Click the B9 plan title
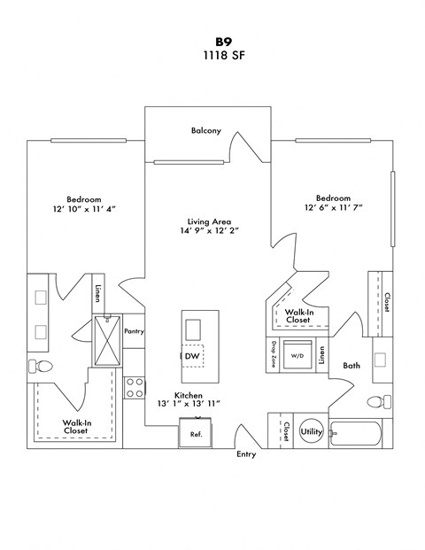point(212,41)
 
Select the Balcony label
point(205,130)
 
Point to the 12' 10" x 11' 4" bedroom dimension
point(84,208)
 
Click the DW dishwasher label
point(192,356)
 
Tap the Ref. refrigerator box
point(196,433)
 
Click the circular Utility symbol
point(312,431)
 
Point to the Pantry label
point(134,332)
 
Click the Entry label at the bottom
point(246,454)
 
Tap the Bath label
point(352,365)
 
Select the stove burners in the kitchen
point(135,388)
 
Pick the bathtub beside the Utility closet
point(356,433)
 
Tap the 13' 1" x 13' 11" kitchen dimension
point(188,403)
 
